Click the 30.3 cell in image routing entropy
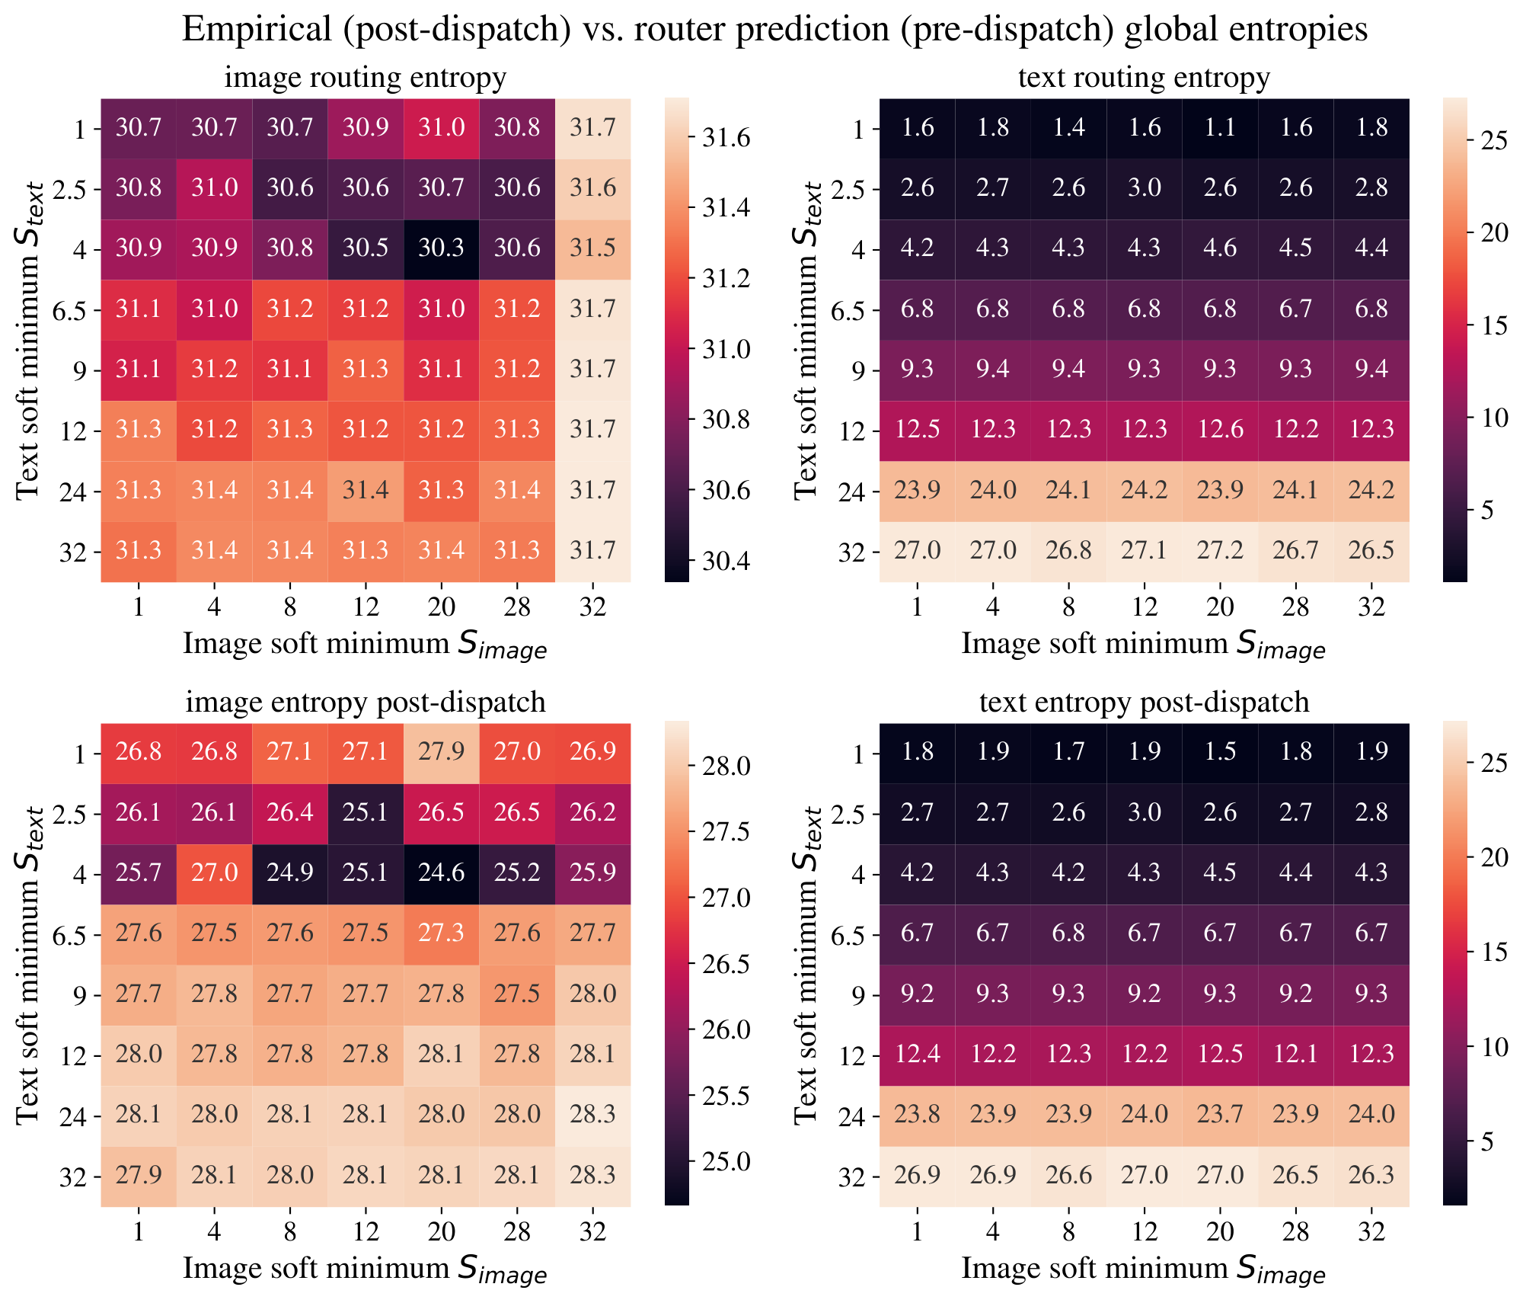pyautogui.click(x=441, y=249)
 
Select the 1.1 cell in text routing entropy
pyautogui.click(x=1220, y=128)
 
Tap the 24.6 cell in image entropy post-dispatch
pyautogui.click(x=441, y=873)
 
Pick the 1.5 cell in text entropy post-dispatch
pyautogui.click(x=1220, y=753)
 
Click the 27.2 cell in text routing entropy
pyautogui.click(x=1220, y=551)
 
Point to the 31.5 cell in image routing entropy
pyautogui.click(x=592, y=249)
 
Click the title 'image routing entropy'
pyautogui.click(x=366, y=78)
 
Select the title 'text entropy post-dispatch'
pyautogui.click(x=1144, y=702)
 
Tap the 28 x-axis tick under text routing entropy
pyautogui.click(x=1295, y=607)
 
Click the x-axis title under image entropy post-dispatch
pyautogui.click(x=366, y=1269)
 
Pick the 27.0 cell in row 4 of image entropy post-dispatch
pyautogui.click(x=214, y=873)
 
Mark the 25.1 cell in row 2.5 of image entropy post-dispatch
pyautogui.click(x=366, y=813)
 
